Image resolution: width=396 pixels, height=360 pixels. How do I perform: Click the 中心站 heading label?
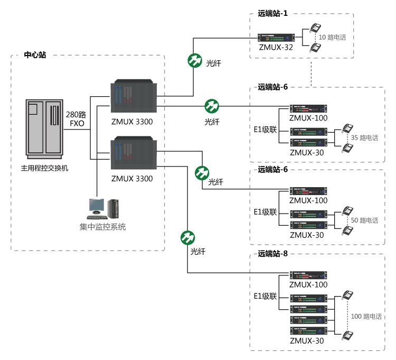pos(35,54)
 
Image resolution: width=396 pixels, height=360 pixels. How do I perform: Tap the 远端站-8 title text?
pos(273,254)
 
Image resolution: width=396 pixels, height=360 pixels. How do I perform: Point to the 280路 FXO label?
pos(77,119)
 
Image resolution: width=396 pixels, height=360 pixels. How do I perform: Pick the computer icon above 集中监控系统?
pos(103,208)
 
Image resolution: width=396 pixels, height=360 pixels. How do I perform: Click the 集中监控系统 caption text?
pos(103,227)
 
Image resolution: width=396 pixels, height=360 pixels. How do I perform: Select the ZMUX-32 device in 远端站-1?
pos(276,38)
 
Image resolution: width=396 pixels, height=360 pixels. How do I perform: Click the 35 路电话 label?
pos(364,137)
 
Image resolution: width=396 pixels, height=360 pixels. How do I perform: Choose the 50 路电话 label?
pos(364,220)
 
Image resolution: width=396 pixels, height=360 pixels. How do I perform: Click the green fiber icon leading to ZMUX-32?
pos(195,60)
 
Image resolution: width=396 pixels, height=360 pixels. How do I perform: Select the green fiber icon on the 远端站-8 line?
pos(187,238)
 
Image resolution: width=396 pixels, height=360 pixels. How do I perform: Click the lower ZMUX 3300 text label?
pos(132,179)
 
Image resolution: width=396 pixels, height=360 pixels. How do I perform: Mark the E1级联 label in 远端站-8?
pos(265,296)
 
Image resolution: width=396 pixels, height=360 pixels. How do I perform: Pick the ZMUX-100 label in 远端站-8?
pos(308,284)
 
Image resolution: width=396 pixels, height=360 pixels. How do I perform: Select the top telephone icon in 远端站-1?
pos(315,29)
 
